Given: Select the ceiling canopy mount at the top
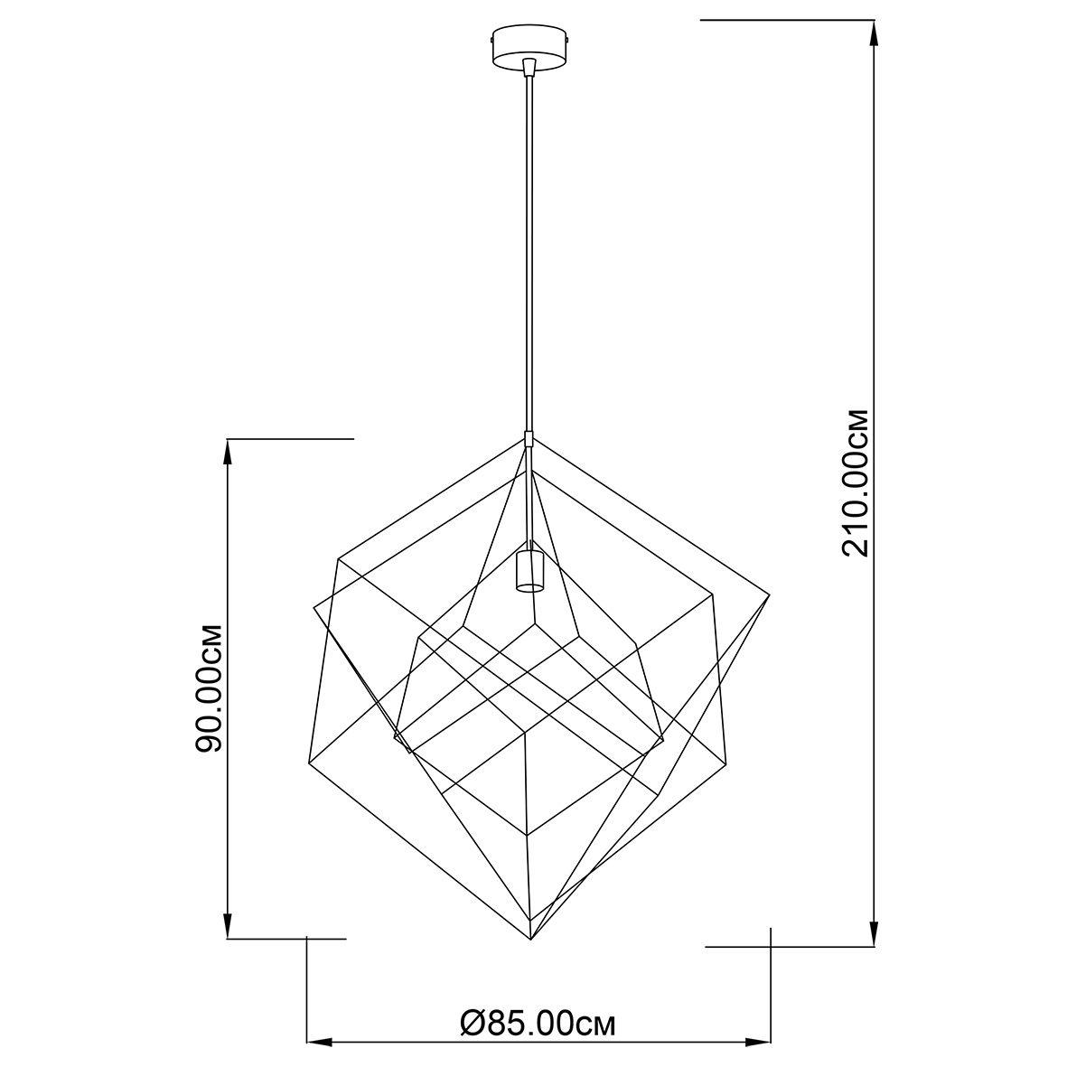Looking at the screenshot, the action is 529,46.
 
